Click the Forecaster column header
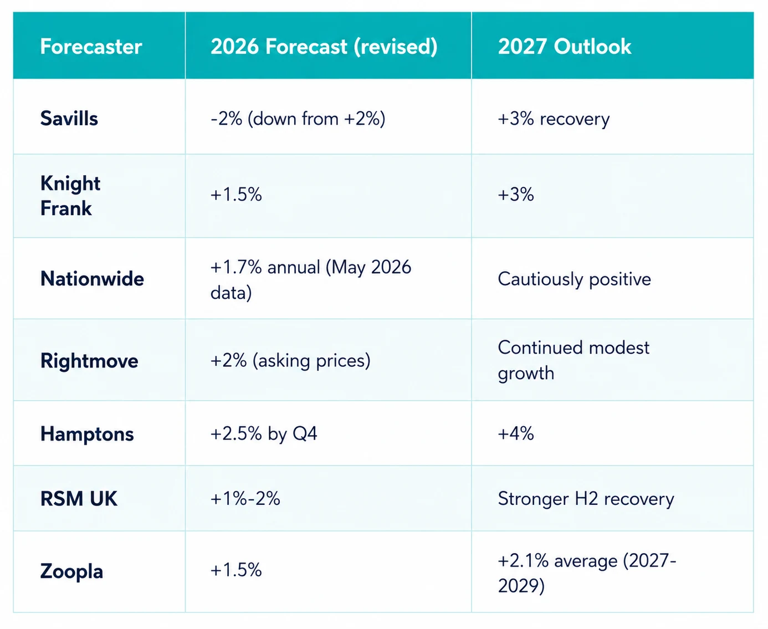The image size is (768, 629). (x=91, y=47)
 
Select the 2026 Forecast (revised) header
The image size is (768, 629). (x=324, y=47)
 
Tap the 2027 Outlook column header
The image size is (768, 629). (x=565, y=47)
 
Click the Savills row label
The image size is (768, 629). (x=69, y=119)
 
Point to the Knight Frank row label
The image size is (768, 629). (x=70, y=196)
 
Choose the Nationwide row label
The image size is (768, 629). (x=92, y=279)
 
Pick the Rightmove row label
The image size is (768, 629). (x=89, y=361)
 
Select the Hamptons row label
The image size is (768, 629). (x=87, y=434)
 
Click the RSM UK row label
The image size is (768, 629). (x=79, y=499)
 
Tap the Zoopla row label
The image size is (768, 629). (x=71, y=571)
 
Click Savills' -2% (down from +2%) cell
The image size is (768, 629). (x=298, y=119)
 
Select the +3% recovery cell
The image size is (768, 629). (x=554, y=119)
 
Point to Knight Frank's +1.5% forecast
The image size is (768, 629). (x=236, y=195)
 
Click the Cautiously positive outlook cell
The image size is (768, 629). (x=574, y=279)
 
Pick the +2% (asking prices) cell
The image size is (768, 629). (x=290, y=361)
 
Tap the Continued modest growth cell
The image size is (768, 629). (x=574, y=361)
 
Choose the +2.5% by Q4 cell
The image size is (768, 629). (x=264, y=434)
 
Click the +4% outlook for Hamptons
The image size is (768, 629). (x=516, y=434)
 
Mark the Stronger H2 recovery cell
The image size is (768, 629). (x=586, y=499)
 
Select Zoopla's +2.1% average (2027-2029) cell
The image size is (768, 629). (x=587, y=572)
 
